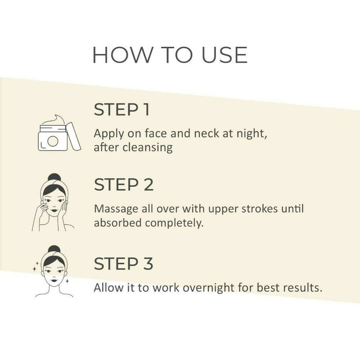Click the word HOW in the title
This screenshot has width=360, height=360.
click(122, 55)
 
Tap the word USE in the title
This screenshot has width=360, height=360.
click(224, 55)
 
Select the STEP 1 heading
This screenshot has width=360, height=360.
click(122, 109)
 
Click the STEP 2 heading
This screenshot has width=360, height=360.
click(123, 184)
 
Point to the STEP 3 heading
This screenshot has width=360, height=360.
click(123, 264)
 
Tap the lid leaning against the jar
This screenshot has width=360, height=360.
click(73, 136)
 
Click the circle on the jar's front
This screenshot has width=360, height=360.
click(53, 141)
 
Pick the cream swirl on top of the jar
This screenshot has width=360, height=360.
click(54, 120)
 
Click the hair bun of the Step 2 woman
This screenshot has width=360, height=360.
click(54, 178)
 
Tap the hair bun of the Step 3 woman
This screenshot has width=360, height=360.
click(54, 249)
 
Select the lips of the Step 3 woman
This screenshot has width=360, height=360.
click(54, 280)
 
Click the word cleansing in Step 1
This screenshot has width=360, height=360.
click(148, 147)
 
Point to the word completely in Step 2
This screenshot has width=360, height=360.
click(174, 223)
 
